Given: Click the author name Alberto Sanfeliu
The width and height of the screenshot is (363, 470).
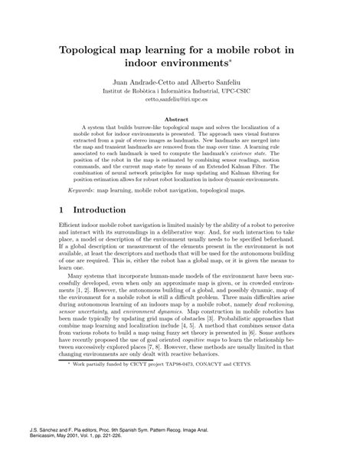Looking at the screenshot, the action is click(217, 81).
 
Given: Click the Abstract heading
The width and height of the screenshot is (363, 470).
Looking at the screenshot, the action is click(181, 120).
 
